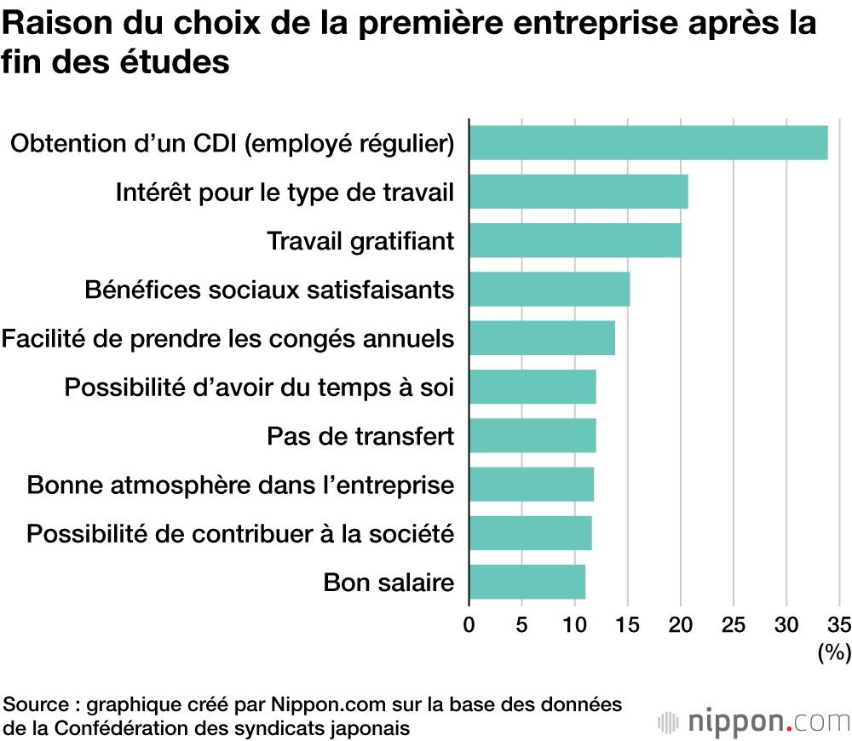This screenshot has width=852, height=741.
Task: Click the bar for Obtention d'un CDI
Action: tap(648, 142)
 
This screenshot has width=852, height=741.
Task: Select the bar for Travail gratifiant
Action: tap(575, 240)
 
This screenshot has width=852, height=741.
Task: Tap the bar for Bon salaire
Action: tap(527, 582)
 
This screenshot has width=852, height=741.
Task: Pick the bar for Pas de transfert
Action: tap(532, 435)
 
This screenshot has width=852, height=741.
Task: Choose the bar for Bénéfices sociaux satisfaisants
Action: tap(549, 289)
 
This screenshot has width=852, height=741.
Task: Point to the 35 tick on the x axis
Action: tap(839, 624)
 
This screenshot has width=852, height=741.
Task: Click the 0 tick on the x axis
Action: tap(469, 624)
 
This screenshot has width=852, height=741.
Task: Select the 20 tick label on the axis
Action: tap(681, 624)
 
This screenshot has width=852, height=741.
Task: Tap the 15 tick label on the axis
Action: tap(628, 624)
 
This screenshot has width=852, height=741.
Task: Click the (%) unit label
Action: tap(834, 653)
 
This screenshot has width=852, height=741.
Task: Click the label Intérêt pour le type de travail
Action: tap(285, 192)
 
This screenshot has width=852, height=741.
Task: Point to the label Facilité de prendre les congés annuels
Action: tap(227, 339)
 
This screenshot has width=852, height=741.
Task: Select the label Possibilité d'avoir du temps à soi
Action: tap(259, 388)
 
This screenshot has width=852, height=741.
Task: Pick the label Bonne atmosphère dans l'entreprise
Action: tap(240, 485)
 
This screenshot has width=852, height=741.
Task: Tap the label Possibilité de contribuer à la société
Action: tap(240, 534)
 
